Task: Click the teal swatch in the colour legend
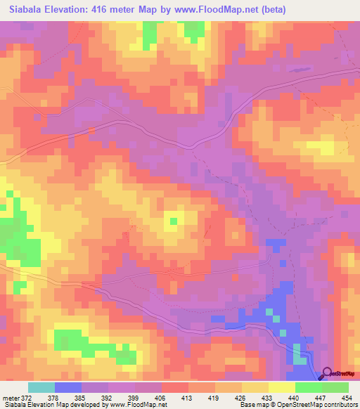[41, 387]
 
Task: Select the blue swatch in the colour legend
[68, 387]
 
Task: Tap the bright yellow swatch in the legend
[281, 387]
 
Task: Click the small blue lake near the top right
[299, 70]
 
